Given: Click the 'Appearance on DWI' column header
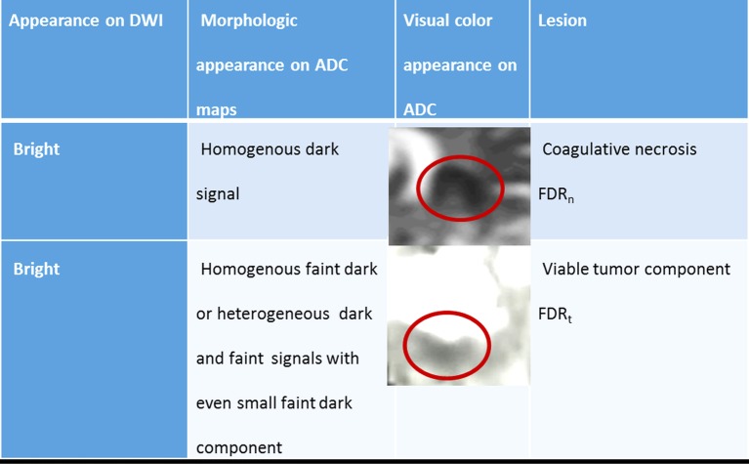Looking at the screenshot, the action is coord(86,21).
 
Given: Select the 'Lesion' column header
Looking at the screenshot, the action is coord(562,21).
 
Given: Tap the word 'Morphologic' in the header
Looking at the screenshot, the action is coord(249,21).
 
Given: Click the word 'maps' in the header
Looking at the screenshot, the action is coord(217,109).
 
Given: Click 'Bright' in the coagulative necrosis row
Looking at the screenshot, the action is coord(36,149).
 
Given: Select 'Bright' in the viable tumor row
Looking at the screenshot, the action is coord(36,269).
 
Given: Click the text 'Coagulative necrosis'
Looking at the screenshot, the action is coord(619,149).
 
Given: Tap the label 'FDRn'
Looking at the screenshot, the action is coord(556,195).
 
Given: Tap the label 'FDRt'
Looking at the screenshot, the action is coord(555,315).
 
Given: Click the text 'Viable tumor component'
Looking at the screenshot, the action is coord(637,270).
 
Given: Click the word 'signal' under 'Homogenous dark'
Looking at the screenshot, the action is coord(218,194).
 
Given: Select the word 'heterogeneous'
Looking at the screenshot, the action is coord(273,315).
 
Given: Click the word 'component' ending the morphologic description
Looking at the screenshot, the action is coord(239,448).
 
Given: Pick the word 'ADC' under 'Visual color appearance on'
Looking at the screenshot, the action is coord(420,109).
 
